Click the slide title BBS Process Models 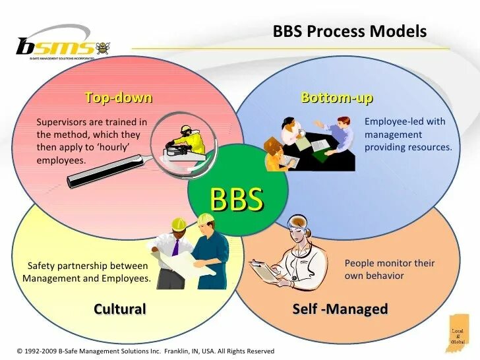pyautogui.click(x=349, y=32)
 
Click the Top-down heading pyautogui.click(x=119, y=98)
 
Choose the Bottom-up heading pyautogui.click(x=337, y=98)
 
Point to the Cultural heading pyautogui.click(x=119, y=309)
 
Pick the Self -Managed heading pyautogui.click(x=340, y=309)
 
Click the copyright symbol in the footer pyautogui.click(x=20, y=351)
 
